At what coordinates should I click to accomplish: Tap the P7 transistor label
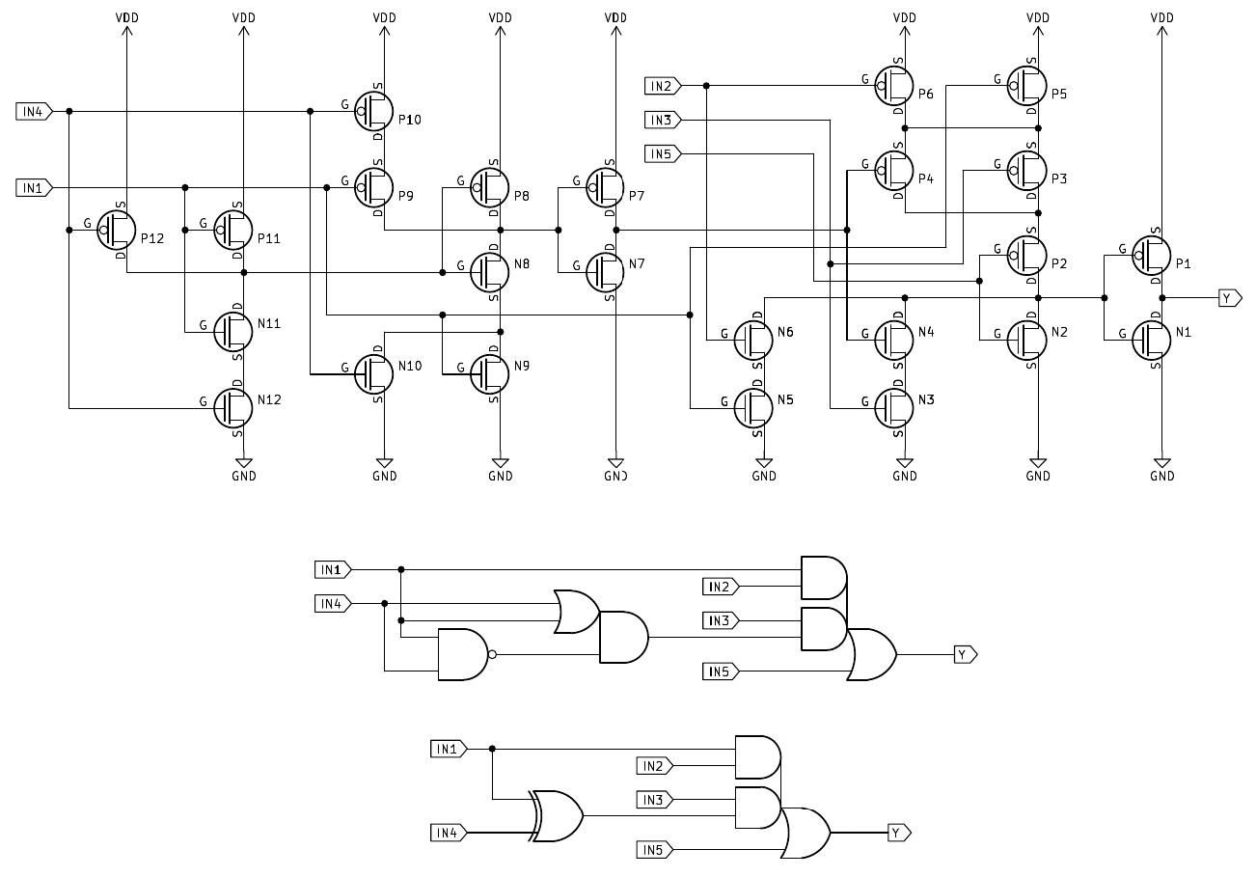(636, 197)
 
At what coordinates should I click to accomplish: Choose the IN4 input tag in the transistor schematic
(32, 111)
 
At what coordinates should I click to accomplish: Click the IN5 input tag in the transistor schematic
(663, 153)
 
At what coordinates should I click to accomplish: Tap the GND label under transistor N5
(764, 476)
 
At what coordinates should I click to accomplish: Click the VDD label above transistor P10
(384, 17)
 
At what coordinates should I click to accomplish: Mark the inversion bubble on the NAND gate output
(492, 654)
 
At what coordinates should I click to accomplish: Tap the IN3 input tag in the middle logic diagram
(721, 620)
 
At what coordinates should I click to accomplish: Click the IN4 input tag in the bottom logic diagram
(449, 832)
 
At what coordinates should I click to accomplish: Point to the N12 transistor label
(269, 399)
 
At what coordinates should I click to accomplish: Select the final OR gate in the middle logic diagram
(871, 654)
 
